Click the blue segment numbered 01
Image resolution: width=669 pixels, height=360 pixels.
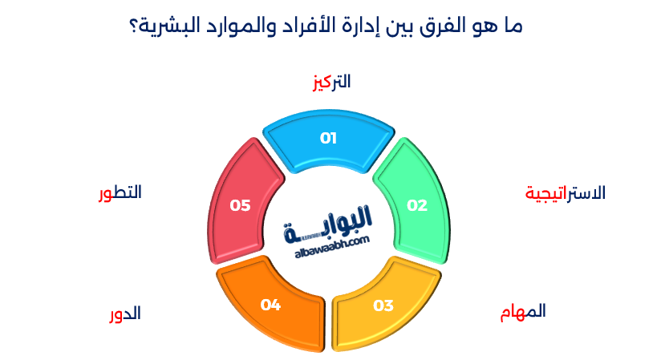tap(328, 138)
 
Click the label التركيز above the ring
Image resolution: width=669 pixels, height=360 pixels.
tap(331, 82)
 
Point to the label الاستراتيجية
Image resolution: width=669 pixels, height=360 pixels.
tap(566, 193)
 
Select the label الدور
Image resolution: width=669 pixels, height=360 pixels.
tap(125, 313)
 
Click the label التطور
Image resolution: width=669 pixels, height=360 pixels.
tap(120, 193)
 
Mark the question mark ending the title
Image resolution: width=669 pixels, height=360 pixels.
tap(134, 26)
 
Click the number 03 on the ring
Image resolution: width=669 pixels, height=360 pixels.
tap(383, 305)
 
